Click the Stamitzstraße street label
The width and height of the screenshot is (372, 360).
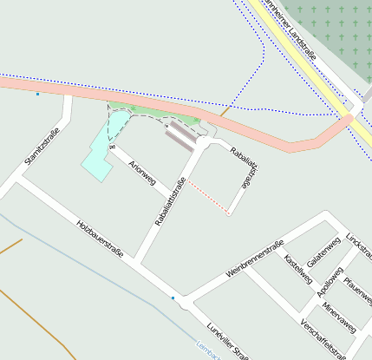click(40, 145)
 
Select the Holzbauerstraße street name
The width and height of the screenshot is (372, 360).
click(100, 240)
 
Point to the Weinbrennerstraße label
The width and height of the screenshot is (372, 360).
click(255, 258)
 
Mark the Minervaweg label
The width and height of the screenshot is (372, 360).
click(338, 317)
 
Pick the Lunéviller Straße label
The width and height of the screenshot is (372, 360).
click(228, 340)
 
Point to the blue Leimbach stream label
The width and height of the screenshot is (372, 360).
click(207, 348)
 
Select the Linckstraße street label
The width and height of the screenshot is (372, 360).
click(357, 248)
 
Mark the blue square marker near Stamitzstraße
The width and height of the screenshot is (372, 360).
click(37, 94)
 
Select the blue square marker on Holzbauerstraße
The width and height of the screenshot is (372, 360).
click(173, 298)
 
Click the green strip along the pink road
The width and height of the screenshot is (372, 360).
click(156, 112)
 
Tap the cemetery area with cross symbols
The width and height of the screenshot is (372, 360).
click(334, 22)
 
